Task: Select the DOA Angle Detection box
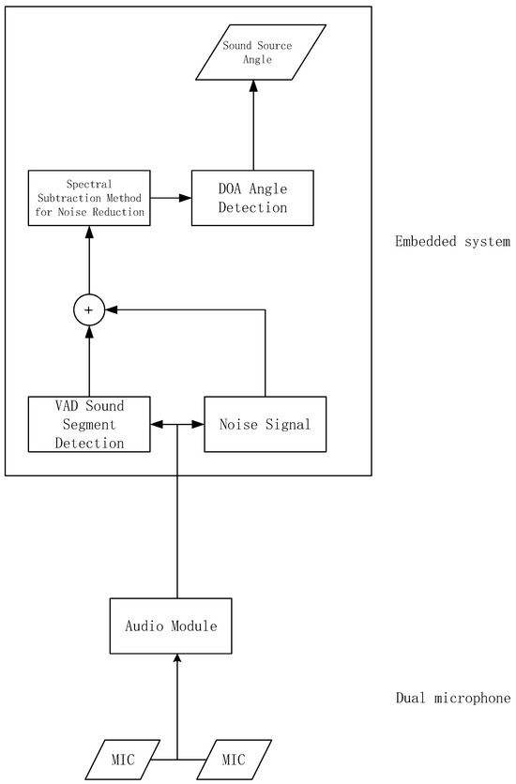click(x=251, y=198)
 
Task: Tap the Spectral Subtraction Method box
click(x=89, y=198)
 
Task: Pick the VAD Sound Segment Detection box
click(x=89, y=424)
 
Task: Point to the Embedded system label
click(x=452, y=243)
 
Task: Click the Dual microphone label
click(x=452, y=699)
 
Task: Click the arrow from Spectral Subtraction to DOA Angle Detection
click(x=171, y=198)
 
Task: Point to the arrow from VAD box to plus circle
click(x=89, y=361)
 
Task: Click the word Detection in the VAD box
click(x=89, y=442)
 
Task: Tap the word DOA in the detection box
click(x=219, y=189)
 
